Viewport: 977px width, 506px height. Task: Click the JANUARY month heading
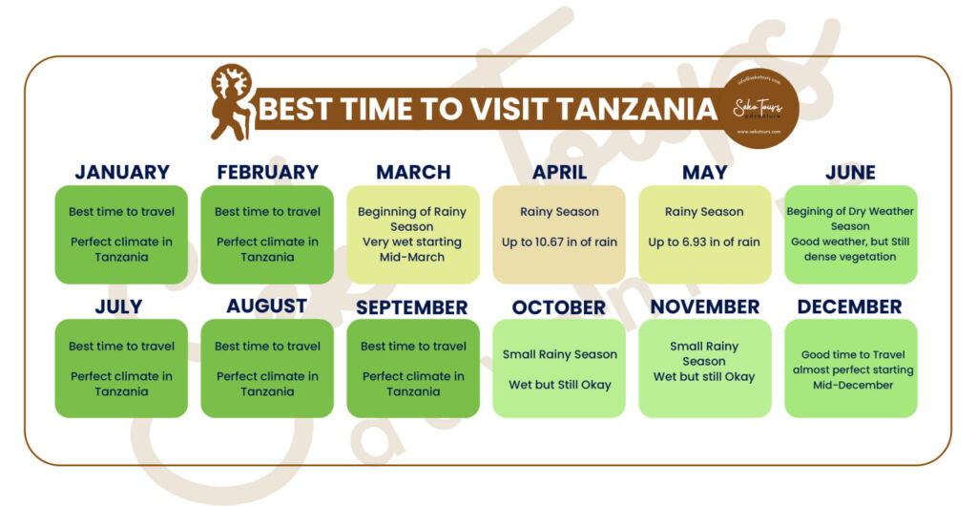(x=121, y=173)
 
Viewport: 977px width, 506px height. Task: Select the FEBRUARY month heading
(x=267, y=173)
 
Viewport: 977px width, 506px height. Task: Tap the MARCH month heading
(x=413, y=173)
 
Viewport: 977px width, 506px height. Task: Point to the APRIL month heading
(x=559, y=173)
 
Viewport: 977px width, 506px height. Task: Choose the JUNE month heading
(x=850, y=173)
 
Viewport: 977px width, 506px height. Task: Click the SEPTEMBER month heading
(x=413, y=307)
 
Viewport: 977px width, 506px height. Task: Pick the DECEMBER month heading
(x=849, y=307)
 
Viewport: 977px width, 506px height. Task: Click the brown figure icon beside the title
(x=231, y=102)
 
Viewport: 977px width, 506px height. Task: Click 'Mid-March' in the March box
(x=412, y=258)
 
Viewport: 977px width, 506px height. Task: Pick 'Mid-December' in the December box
(x=851, y=385)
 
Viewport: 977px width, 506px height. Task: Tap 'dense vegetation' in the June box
(x=850, y=257)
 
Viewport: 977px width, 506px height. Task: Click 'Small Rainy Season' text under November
(x=704, y=353)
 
